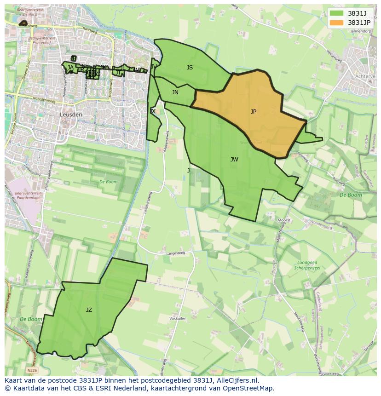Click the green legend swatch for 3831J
[336, 13]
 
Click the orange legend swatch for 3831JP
[336, 23]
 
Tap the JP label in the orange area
[254, 112]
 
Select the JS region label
[190, 68]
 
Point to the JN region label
[175, 92]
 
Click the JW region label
[234, 160]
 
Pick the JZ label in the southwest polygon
[89, 310]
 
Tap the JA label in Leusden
[70, 68]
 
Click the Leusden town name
[71, 115]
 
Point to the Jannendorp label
[360, 31]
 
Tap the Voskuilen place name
[178, 318]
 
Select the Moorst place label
[284, 221]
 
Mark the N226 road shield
[32, 370]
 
